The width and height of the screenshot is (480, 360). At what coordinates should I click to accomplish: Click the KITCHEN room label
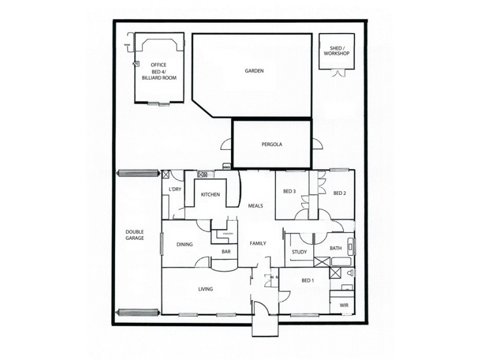tap(210, 195)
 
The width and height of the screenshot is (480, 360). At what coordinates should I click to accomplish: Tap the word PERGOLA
tap(272, 145)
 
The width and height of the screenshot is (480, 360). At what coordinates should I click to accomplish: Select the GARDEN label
tap(254, 71)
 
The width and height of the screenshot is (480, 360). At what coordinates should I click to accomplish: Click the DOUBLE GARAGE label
tap(134, 235)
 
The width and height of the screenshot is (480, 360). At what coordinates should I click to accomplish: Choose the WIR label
tap(344, 305)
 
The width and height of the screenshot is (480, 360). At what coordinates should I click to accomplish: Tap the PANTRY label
tap(227, 233)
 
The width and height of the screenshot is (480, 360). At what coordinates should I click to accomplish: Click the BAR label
tap(226, 252)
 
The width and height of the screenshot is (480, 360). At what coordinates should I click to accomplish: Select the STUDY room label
tap(299, 252)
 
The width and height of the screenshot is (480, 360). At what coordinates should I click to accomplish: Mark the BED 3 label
tap(289, 192)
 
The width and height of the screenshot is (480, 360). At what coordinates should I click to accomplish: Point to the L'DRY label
tap(175, 190)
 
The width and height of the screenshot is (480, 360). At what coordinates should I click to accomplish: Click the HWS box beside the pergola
tap(227, 166)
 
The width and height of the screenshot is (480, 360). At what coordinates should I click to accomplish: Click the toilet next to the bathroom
tap(350, 274)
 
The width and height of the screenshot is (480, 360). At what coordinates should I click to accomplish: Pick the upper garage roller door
tap(139, 173)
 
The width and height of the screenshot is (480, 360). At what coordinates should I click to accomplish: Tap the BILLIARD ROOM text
tap(158, 79)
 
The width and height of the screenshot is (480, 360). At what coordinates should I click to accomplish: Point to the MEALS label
tap(256, 206)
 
